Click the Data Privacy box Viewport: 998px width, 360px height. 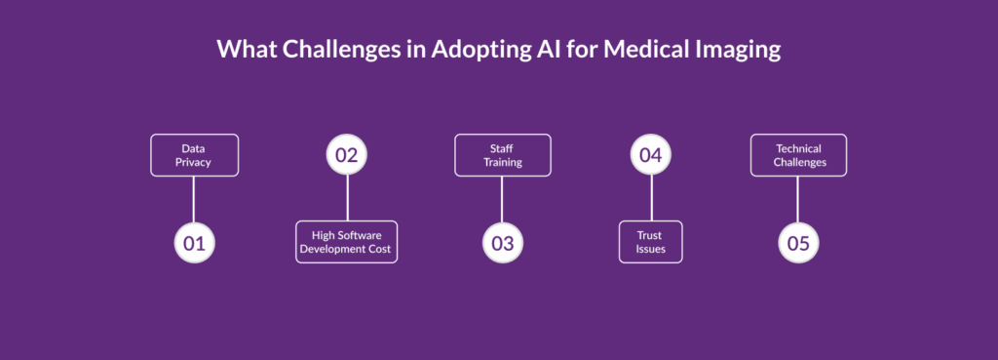click(194, 155)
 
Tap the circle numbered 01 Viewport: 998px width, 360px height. click(194, 243)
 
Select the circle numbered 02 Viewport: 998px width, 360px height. click(347, 155)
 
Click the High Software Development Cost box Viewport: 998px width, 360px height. click(346, 242)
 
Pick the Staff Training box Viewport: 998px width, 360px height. click(502, 155)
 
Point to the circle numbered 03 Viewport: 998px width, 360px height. click(502, 243)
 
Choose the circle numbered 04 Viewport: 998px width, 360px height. click(650, 155)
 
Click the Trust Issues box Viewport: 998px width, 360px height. click(650, 242)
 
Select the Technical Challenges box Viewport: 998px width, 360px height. click(798, 155)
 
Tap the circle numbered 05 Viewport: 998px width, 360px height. click(798, 243)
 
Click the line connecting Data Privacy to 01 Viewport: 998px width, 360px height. click(194, 199)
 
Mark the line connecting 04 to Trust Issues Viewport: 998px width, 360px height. click(651, 197)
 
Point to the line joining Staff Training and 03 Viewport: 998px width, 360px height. click(502, 199)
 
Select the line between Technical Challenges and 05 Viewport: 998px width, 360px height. click(797, 199)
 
